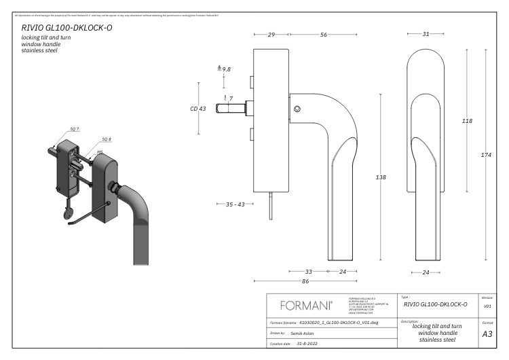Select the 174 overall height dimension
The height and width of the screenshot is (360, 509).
(486, 156)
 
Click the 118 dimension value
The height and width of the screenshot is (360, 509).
(467, 121)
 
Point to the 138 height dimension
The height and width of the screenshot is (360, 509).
(381, 177)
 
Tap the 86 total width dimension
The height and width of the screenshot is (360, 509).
(305, 281)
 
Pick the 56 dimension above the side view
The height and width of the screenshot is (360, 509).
(323, 34)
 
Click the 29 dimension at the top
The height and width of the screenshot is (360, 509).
(271, 34)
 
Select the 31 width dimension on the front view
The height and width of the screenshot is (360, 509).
(426, 34)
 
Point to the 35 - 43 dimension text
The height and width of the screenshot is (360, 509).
(235, 204)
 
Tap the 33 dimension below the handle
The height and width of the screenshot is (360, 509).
(308, 271)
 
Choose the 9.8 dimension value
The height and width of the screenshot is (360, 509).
(226, 69)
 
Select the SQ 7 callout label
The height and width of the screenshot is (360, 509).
(75, 128)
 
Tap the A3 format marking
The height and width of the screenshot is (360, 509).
(487, 334)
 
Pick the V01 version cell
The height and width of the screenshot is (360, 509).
(487, 306)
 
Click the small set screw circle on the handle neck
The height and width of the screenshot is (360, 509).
(297, 109)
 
